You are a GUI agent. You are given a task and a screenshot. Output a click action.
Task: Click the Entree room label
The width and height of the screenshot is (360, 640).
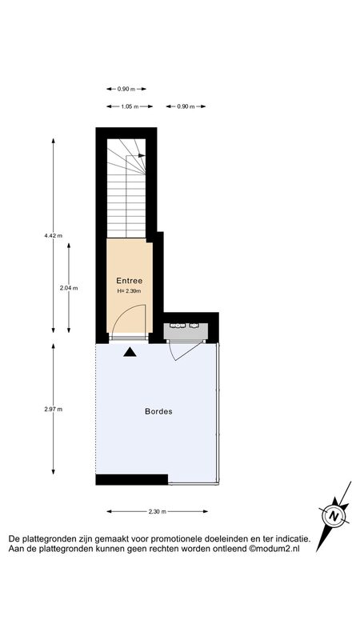pyautogui.click(x=130, y=281)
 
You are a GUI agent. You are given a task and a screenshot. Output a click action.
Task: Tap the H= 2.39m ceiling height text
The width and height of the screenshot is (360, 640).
pyautogui.click(x=129, y=291)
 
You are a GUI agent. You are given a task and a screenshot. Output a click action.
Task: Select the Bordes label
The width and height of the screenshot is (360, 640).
pyautogui.click(x=158, y=411)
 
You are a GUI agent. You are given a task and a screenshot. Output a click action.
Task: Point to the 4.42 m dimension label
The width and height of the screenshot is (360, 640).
pyautogui.click(x=54, y=235)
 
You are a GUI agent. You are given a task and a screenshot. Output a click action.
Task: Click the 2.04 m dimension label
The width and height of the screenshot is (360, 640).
pyautogui.click(x=69, y=288)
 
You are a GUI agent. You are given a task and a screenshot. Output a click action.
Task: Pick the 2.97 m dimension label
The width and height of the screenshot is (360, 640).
pyautogui.click(x=54, y=410)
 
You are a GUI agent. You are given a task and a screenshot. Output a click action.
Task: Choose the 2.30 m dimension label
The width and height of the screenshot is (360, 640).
pyautogui.click(x=157, y=511)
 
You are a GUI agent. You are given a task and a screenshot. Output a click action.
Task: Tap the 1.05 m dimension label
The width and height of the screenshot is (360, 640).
pyautogui.click(x=130, y=106)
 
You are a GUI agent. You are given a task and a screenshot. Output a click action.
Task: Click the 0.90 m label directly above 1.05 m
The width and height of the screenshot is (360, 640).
pyautogui.click(x=126, y=89)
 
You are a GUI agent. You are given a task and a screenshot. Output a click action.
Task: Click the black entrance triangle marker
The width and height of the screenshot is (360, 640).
pyautogui.click(x=130, y=352)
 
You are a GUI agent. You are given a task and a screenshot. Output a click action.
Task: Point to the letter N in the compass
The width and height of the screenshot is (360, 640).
pyautogui.click(x=334, y=515)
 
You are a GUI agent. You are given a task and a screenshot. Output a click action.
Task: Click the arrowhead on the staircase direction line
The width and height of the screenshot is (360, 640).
pyautogui.click(x=142, y=155)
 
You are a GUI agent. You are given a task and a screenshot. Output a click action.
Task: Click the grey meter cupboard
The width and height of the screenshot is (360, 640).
pyautogui.click(x=186, y=331)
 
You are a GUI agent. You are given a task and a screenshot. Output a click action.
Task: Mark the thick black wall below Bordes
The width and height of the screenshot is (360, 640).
pyautogui.click(x=132, y=479)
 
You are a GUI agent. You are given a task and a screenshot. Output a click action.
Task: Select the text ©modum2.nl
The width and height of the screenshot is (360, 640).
pyautogui.click(x=274, y=549)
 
